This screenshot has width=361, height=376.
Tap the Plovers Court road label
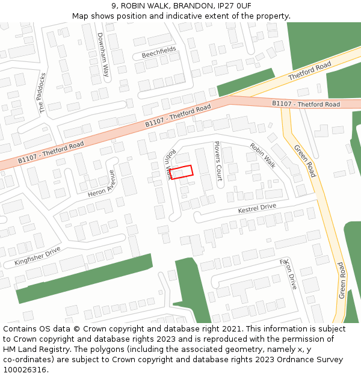tap(218, 161)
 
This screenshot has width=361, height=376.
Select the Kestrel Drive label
tap(257, 208)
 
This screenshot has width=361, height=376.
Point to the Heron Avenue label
tap(100, 183)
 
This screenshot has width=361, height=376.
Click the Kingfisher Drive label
tap(38, 257)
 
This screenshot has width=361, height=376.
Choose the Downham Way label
tap(104, 56)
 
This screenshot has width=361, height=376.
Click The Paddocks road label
tap(43, 93)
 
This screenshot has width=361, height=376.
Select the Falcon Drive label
tap(289, 274)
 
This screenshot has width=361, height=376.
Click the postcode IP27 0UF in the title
tap(232, 5)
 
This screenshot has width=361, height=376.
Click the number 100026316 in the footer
tap(25, 369)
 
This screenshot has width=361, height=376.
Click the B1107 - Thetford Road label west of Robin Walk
tap(51, 153)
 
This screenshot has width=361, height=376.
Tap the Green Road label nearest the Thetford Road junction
tap(304, 161)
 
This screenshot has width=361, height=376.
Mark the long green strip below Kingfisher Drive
tap(84, 277)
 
